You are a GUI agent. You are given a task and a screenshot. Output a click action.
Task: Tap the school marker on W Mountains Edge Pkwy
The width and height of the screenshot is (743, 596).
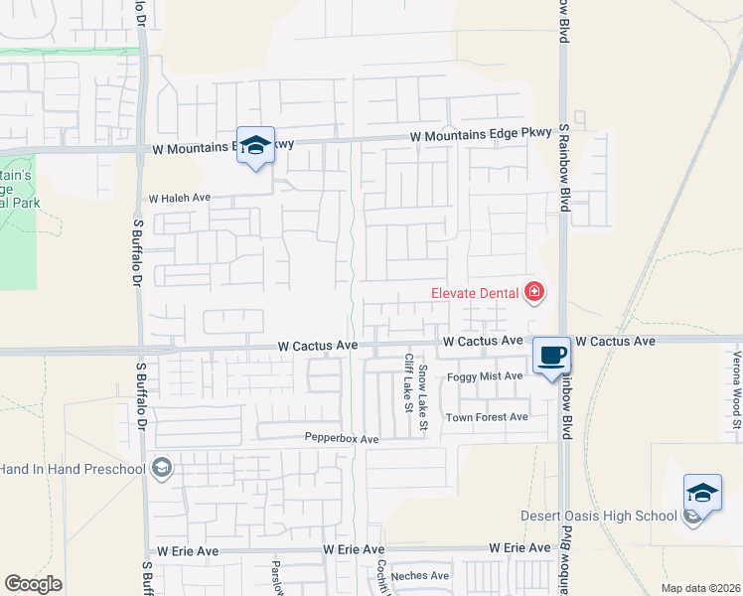click(255, 145)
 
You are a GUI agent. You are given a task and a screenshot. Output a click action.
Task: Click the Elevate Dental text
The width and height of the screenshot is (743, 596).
click(476, 292)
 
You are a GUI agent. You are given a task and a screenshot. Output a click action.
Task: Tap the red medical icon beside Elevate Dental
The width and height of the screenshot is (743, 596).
click(534, 291)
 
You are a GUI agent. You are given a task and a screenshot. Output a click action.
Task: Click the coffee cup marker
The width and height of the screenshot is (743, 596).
click(551, 356)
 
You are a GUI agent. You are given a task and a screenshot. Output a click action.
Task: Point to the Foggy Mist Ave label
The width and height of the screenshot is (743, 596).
click(485, 376)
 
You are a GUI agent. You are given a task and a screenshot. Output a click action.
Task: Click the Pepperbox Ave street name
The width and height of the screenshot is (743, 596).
click(342, 439)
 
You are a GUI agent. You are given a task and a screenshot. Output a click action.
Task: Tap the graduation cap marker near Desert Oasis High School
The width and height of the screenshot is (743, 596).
click(702, 493)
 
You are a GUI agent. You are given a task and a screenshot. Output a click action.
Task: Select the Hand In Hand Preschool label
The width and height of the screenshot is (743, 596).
click(73, 468)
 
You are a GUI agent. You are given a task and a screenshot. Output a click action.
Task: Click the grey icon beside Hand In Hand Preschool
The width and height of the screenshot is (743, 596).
click(162, 468)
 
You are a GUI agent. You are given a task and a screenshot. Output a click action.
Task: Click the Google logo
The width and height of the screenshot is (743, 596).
click(33, 584)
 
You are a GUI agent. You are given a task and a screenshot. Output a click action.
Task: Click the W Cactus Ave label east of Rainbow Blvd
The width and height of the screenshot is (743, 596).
click(616, 341)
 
